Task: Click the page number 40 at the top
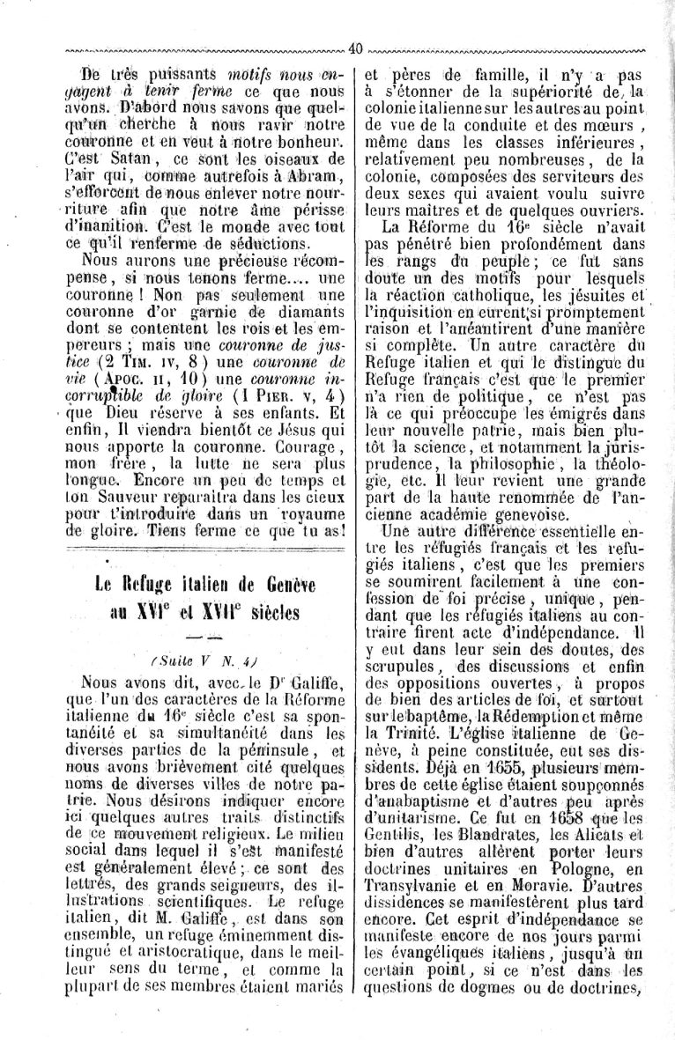[356, 49]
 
